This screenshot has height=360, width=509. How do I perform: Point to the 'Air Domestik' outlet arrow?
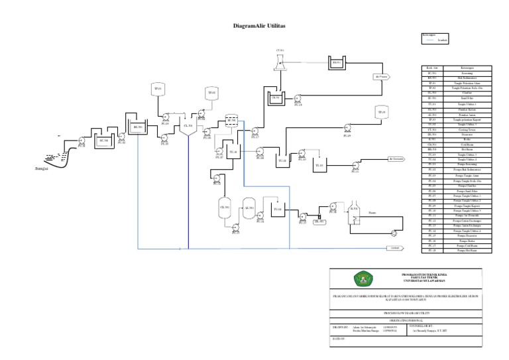coord(396,158)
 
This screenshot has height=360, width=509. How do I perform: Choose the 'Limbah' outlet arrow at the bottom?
coord(396,249)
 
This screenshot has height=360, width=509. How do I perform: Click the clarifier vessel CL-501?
coord(188,127)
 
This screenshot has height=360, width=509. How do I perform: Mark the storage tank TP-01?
coord(158,89)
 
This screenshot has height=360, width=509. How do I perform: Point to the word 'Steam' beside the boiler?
coord(372,213)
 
